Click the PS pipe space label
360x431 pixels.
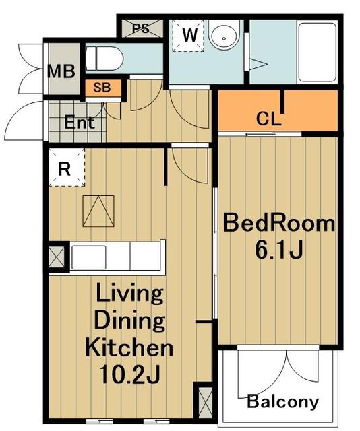pos(141,28)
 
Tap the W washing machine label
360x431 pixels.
pos(190,35)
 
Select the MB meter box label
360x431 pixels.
pos(61,71)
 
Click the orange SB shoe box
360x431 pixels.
pos(102,88)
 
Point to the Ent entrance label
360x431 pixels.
pos(80,123)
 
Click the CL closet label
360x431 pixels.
pos(268,119)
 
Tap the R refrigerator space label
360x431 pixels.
pos(65,169)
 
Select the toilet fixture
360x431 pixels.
pos(104,59)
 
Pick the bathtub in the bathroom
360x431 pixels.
pos(318,53)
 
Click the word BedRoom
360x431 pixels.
pos(279,223)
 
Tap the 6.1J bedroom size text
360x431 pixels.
pos(279,249)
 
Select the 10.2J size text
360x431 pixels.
pos(129,374)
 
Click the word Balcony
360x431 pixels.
pos(282,401)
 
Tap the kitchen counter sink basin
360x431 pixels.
pos(88,257)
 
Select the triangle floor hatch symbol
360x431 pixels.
pos(98,211)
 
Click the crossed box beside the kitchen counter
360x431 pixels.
pos(57,257)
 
